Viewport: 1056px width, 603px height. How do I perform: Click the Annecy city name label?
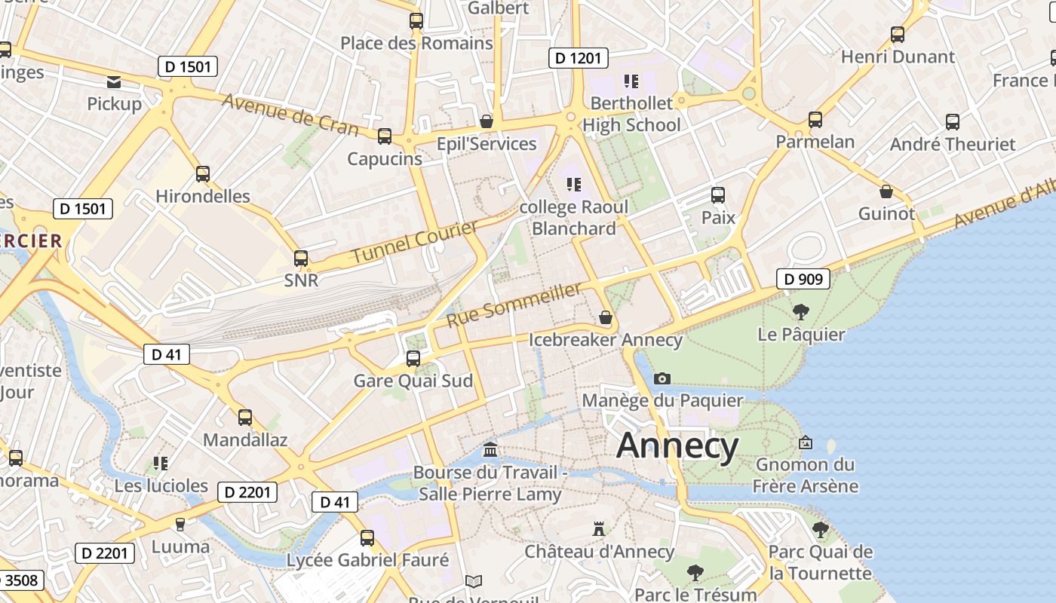677,445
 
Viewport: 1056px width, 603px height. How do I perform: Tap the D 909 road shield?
803,280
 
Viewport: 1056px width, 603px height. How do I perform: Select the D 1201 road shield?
579,58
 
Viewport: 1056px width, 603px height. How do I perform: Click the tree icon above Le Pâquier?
801,311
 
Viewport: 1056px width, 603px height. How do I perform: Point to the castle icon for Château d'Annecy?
599,529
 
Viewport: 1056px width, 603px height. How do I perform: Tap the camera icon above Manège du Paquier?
662,378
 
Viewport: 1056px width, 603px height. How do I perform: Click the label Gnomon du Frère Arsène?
806,475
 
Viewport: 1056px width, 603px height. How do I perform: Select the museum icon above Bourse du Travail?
490,450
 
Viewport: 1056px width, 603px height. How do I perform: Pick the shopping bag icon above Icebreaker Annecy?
605,317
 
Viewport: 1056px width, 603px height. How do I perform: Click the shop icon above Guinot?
886,191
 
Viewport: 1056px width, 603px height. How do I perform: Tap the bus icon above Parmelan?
815,120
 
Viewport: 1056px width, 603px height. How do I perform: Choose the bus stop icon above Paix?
718,195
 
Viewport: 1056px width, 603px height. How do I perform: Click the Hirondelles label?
203,196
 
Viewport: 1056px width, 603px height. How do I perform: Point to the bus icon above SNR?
301,259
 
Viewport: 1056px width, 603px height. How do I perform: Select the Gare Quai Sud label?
413,381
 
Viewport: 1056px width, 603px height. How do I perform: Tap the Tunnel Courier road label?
415,242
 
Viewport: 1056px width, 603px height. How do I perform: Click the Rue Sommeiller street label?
515,305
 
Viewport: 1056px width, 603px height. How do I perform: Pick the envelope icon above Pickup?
114,82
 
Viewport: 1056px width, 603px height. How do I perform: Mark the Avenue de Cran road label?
290,115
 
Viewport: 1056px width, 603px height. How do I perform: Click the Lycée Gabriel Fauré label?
367,560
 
